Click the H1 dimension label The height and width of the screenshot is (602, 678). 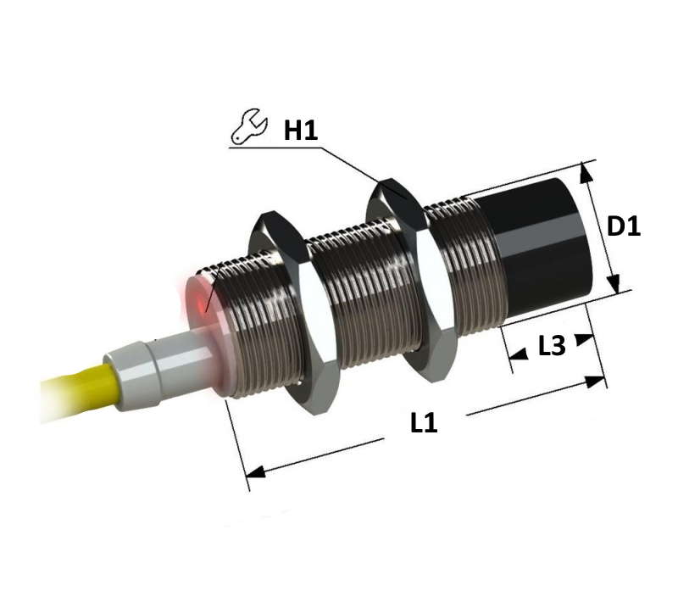301,131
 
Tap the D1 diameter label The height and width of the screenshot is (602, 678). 623,226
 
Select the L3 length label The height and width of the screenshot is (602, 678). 552,346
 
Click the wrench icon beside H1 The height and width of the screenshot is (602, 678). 249,126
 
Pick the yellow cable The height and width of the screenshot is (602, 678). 78,388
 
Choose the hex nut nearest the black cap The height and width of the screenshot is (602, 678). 411,281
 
